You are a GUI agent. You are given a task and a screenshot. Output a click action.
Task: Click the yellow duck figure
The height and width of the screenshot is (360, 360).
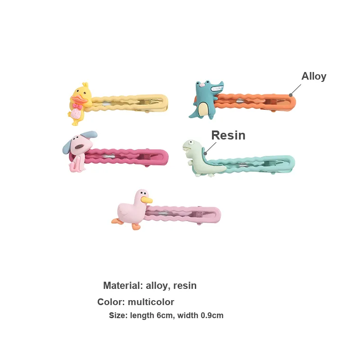80,104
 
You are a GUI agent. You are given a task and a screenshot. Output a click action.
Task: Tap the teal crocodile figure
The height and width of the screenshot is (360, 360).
206,100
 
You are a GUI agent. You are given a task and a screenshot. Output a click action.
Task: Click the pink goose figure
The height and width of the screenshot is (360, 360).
131,209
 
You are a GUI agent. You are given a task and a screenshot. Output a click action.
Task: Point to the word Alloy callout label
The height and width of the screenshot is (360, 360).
314,76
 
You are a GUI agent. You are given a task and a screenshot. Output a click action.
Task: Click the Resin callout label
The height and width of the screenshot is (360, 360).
228,135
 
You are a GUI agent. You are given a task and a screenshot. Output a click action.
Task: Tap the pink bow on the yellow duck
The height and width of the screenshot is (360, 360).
77,106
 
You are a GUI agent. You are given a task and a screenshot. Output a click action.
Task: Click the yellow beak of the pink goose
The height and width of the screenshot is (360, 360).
147,200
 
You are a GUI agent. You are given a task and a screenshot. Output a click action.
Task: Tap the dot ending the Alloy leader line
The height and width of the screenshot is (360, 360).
291,95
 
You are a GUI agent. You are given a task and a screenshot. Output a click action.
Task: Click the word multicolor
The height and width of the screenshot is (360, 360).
151,302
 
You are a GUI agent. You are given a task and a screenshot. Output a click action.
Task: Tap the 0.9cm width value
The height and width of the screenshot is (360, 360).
212,315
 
